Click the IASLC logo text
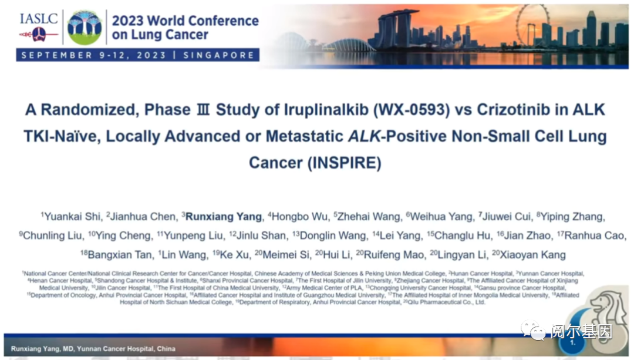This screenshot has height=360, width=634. [39, 18]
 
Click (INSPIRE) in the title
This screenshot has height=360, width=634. [344, 163]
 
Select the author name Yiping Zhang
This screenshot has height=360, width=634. [572, 217]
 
